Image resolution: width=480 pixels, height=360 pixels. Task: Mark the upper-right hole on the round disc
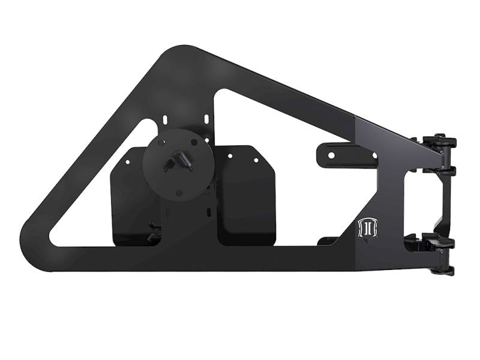194,142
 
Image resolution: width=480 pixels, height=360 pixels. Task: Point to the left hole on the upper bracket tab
330,155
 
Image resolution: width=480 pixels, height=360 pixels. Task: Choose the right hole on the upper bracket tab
374,155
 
